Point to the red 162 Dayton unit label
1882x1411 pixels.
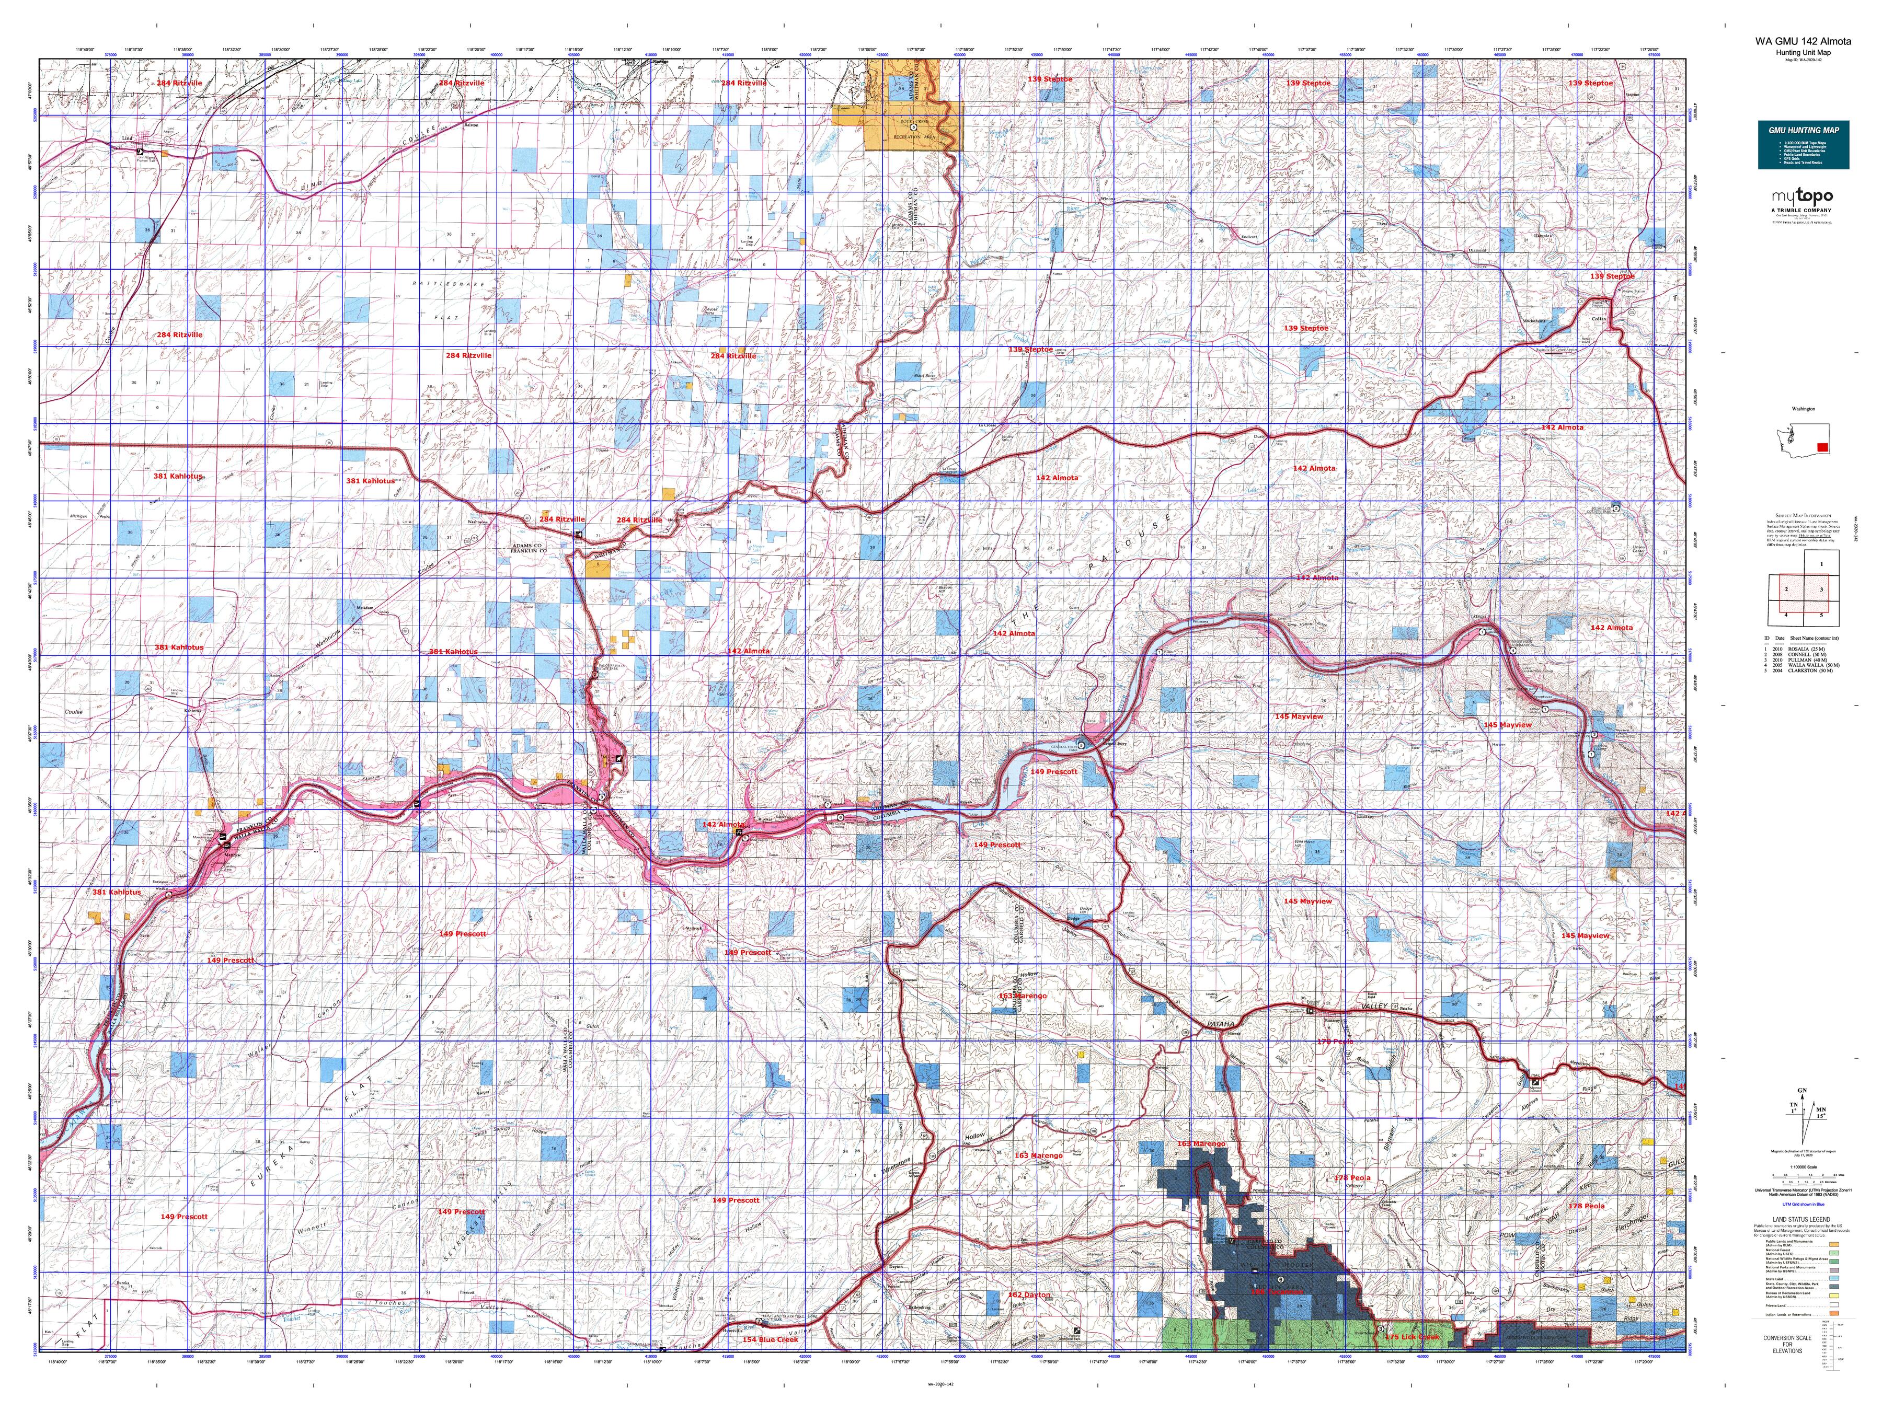(1029, 1294)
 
